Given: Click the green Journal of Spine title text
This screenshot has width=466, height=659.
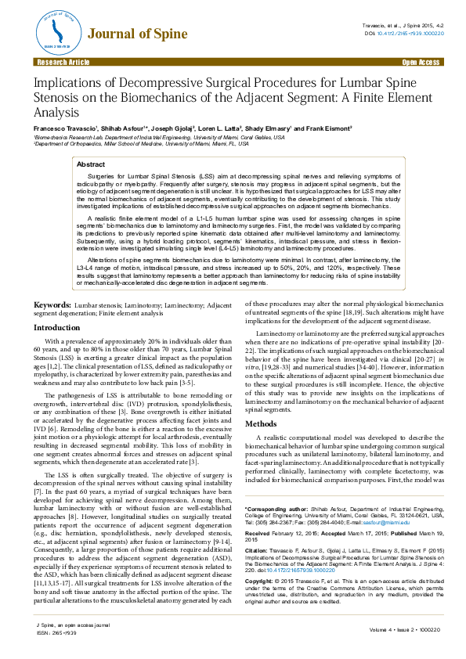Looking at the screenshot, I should (137, 34).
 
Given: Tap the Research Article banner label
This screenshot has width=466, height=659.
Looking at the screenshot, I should (59, 61).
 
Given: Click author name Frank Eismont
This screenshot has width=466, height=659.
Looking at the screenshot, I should (329, 128).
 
